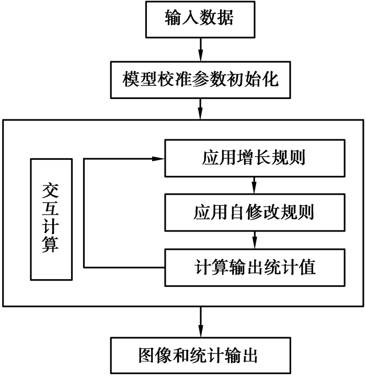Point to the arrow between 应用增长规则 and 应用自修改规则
click(254, 185)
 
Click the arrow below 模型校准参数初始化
click(200, 108)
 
